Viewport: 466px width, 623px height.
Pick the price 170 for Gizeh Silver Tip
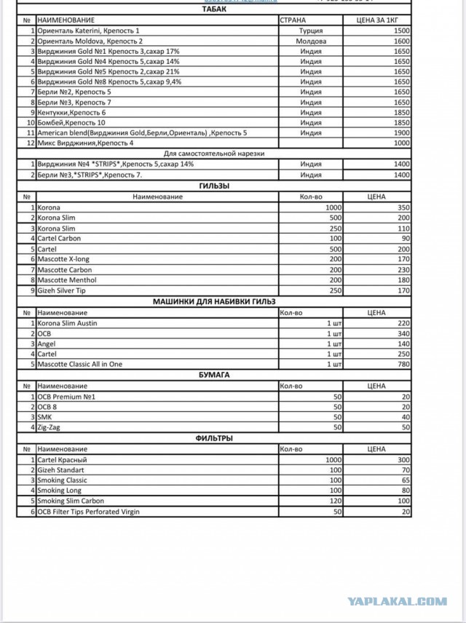tap(403, 290)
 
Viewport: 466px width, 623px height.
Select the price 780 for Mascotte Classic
tap(403, 364)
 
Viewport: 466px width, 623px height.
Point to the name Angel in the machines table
tap(47, 344)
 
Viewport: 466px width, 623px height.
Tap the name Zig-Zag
tap(50, 427)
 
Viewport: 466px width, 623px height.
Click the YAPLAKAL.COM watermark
tap(398, 601)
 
